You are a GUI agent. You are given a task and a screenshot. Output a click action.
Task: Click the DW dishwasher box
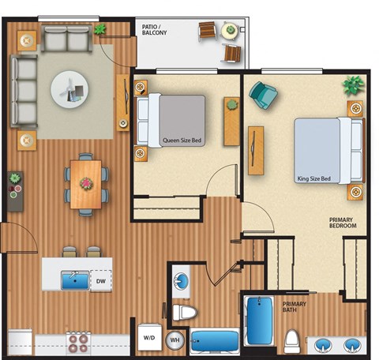pos(101,279)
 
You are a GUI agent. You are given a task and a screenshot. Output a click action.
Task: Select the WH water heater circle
pos(174,340)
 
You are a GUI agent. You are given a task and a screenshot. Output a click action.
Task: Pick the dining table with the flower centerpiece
pos(85,184)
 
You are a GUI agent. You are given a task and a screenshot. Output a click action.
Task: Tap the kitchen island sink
pos(77,279)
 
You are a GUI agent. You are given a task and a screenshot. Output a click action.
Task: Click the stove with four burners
pos(78,342)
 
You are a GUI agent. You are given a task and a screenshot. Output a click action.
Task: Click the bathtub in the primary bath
pos(258,321)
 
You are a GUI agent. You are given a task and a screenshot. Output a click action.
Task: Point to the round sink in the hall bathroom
pos(179,281)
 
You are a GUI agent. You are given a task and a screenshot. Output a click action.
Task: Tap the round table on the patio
pos(229,32)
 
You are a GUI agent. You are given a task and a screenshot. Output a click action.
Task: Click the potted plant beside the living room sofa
pos(100,30)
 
